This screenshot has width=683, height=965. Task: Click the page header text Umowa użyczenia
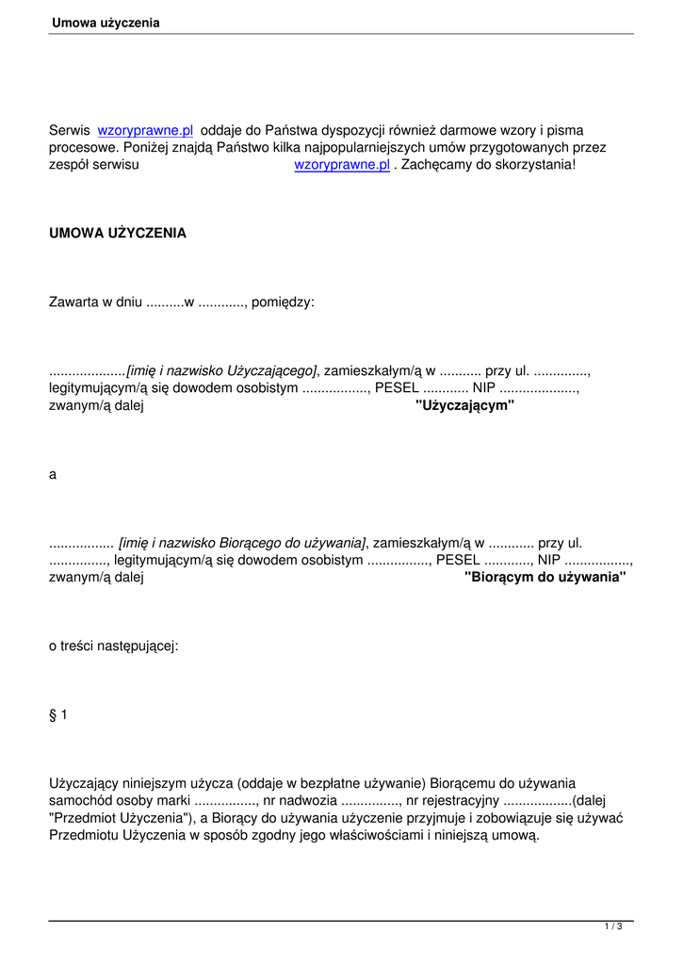(x=106, y=23)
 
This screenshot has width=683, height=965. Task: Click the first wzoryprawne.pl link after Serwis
(x=145, y=131)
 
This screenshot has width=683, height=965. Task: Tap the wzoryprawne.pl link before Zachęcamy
(x=342, y=165)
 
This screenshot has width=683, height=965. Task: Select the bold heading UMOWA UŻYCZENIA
(x=118, y=233)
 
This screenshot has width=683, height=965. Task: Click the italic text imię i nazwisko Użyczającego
(x=222, y=371)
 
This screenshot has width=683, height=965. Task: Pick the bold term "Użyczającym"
(x=464, y=405)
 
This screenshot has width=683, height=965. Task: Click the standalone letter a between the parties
(x=53, y=475)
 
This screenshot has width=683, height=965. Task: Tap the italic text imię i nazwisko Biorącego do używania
(x=242, y=543)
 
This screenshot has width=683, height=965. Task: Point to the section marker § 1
(x=58, y=714)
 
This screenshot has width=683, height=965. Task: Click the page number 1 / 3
(x=613, y=927)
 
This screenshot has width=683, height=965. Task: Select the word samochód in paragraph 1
(x=81, y=800)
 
